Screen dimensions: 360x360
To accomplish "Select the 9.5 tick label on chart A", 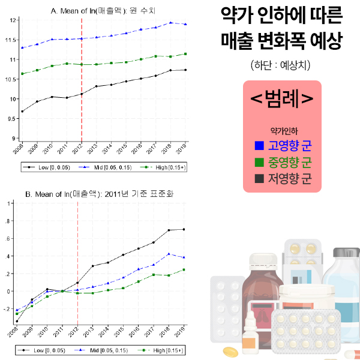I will [12, 119].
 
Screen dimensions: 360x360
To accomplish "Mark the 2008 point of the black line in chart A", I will [22, 112].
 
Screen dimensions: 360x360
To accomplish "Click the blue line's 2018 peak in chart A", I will [171, 22].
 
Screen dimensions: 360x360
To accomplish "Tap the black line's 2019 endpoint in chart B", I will [184, 229].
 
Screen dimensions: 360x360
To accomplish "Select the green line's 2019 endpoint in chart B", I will [184, 269].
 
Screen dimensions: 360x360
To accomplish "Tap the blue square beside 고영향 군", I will [259, 145].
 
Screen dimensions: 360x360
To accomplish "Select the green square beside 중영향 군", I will [259, 162].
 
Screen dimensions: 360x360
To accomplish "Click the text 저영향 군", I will [290, 179].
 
